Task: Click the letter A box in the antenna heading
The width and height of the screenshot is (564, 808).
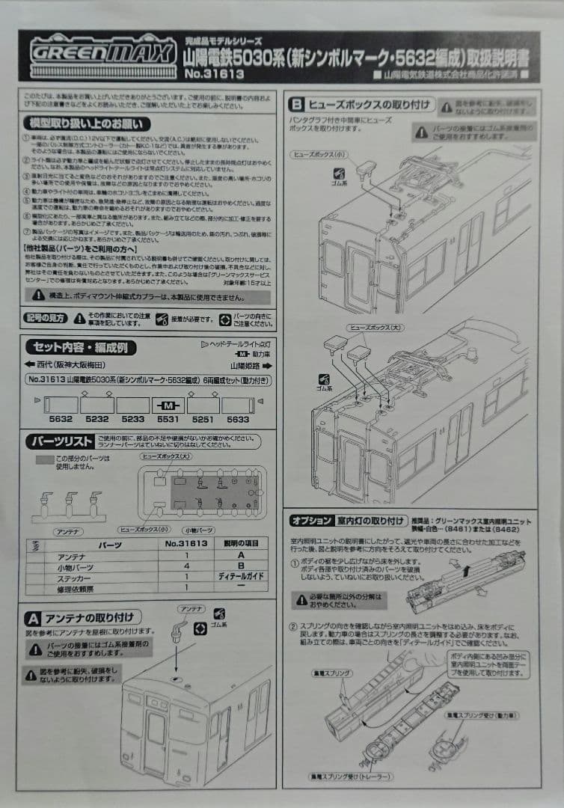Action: [33, 618]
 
